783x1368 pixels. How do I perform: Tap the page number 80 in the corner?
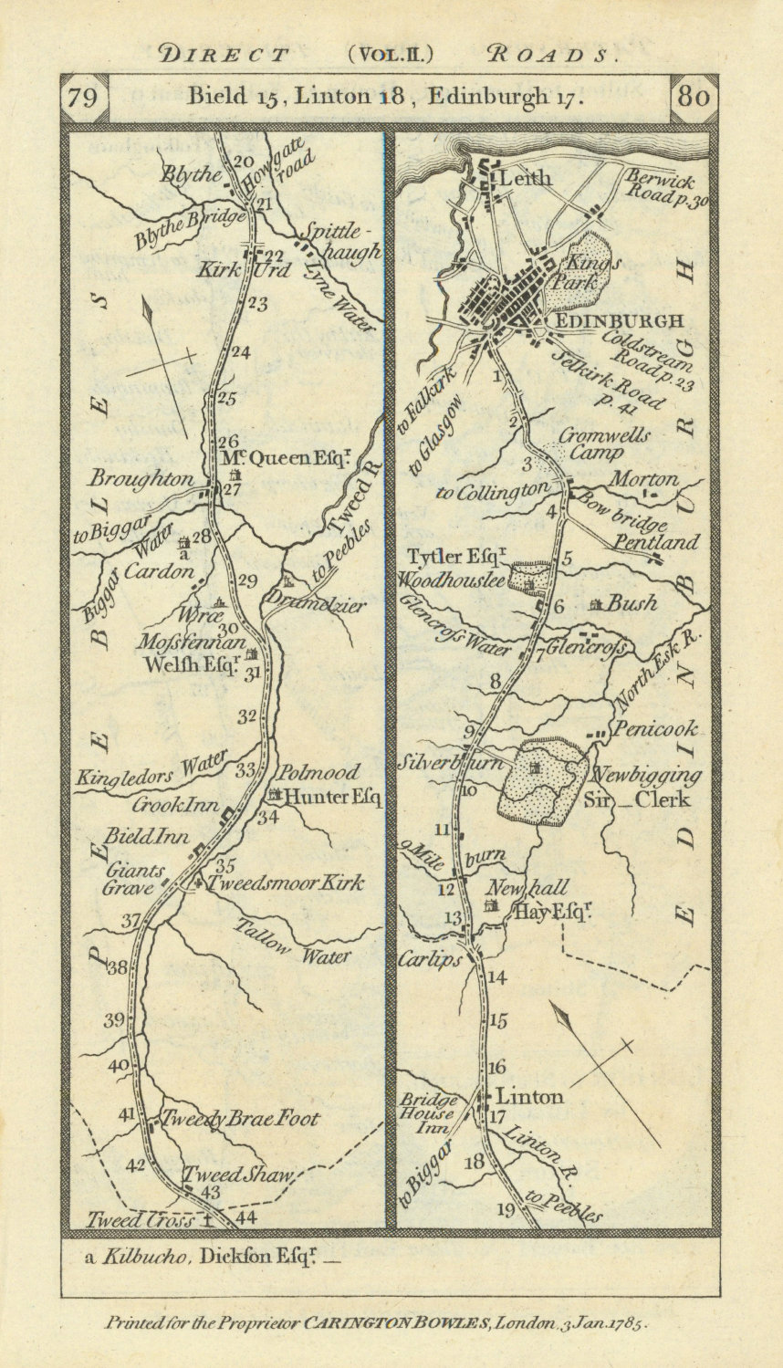(x=694, y=98)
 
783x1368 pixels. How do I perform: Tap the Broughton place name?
(x=141, y=479)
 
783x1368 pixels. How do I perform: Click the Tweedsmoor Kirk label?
(x=286, y=882)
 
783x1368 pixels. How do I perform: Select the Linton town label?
(x=528, y=1097)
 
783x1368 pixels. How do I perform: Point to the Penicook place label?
(x=655, y=729)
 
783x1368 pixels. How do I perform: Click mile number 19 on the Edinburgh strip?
(x=506, y=1210)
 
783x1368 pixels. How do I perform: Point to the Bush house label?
(x=632, y=603)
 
